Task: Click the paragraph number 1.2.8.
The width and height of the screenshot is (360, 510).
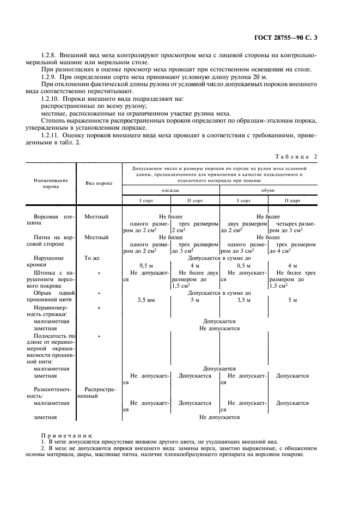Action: click(50, 55)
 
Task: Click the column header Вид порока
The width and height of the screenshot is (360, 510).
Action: click(99, 183)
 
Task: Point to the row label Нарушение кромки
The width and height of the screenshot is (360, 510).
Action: click(50, 262)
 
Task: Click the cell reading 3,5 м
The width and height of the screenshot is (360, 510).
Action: click(243, 300)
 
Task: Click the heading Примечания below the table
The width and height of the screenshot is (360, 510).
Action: click(67, 435)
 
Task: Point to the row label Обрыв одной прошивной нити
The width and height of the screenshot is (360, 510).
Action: click(51, 296)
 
